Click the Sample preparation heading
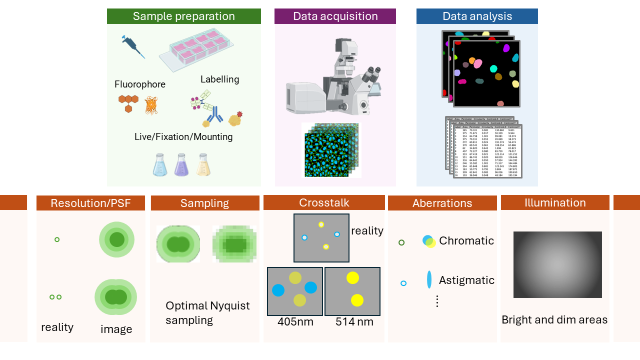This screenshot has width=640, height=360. click(183, 16)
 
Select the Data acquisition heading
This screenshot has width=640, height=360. click(335, 16)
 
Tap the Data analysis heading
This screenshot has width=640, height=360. click(477, 16)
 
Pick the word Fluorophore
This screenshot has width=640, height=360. click(140, 84)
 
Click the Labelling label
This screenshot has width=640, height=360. click(219, 79)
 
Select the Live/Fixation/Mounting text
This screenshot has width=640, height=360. click(183, 136)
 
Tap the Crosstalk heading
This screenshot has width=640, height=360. click(324, 202)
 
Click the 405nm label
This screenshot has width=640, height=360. click(295, 322)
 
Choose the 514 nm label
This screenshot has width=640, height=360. click(354, 322)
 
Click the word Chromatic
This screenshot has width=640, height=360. click(466, 241)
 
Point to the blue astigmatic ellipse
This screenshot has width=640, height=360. click(429, 279)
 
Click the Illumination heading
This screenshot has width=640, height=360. click(555, 202)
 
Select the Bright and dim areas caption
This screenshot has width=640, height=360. click(554, 320)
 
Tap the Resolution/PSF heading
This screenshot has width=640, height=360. click(90, 203)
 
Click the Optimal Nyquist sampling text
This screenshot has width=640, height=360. click(207, 313)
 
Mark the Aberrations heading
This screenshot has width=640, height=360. click(442, 203)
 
